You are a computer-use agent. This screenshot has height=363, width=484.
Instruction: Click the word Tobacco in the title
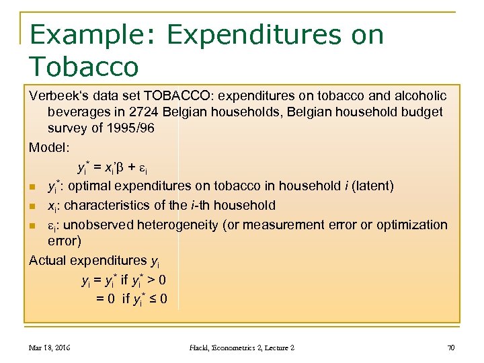84,67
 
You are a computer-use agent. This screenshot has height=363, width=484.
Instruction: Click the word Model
48,146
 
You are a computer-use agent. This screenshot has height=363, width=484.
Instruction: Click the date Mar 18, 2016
50,348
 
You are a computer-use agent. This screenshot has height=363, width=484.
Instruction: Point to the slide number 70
451,348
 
